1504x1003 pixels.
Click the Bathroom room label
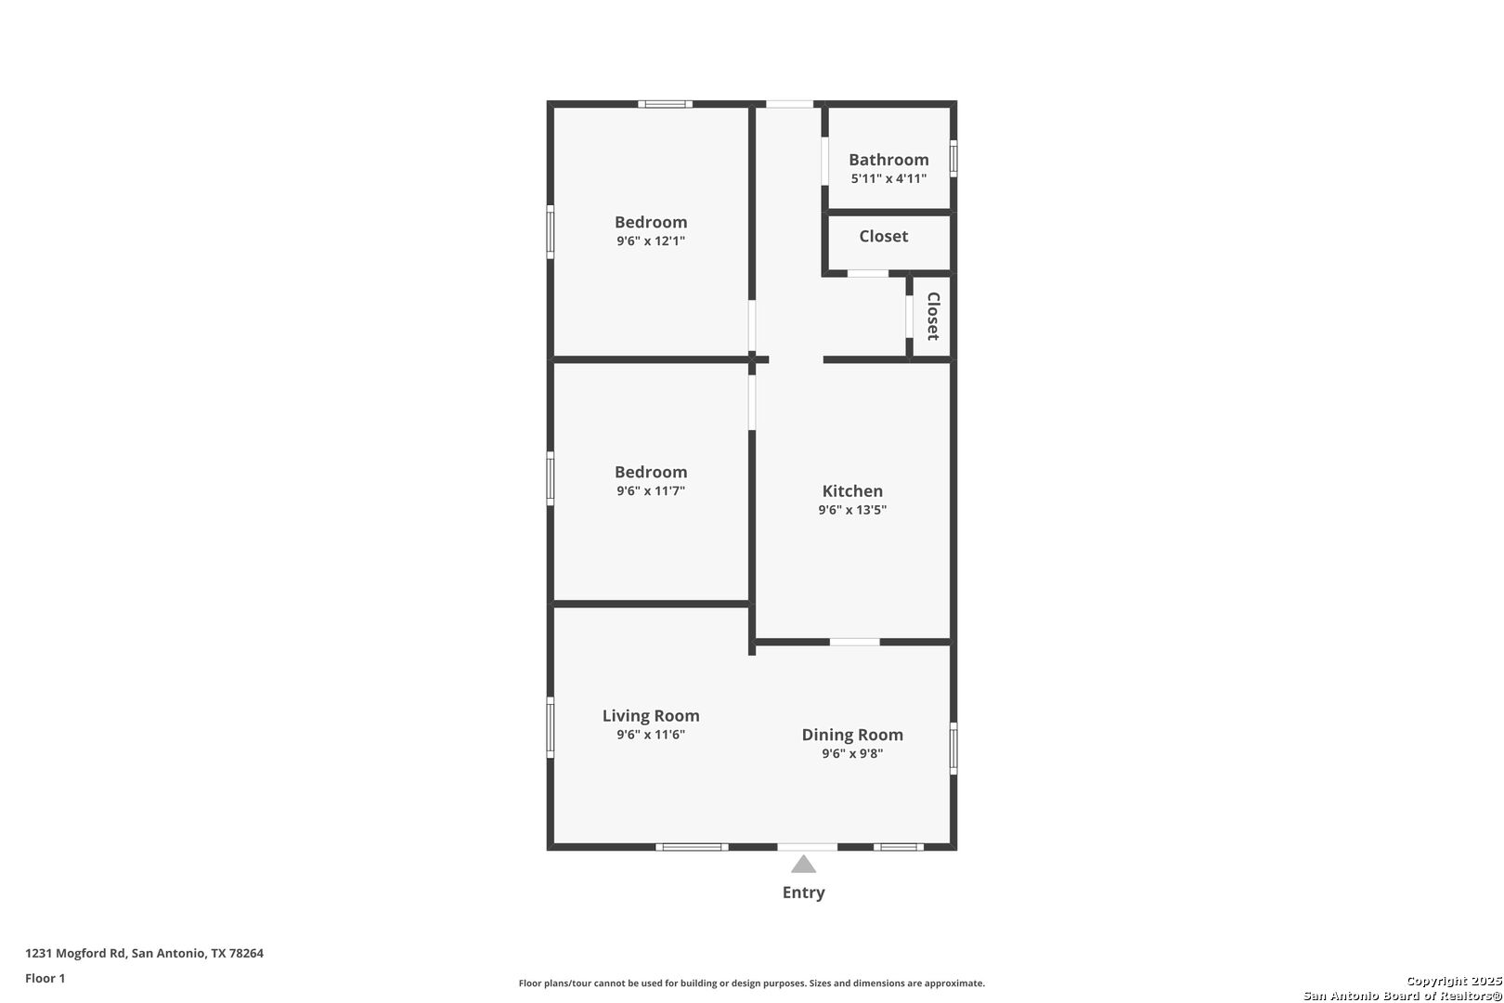[888, 160]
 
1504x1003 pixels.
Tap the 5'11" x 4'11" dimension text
[888, 178]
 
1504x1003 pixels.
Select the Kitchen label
[852, 491]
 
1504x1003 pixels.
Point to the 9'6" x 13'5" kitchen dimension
[852, 510]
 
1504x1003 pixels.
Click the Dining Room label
[852, 735]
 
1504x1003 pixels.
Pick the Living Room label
[651, 716]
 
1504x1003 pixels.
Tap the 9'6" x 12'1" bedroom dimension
[651, 241]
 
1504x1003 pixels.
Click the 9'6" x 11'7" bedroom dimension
[651, 490]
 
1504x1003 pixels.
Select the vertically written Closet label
[933, 317]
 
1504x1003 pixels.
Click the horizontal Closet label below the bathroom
[883, 236]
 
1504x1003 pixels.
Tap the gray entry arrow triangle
[803, 866]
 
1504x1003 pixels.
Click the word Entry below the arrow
[803, 892]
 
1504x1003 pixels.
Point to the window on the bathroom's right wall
[953, 158]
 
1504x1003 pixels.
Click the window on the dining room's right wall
[953, 748]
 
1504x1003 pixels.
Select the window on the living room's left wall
[551, 727]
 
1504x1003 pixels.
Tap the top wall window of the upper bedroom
[665, 104]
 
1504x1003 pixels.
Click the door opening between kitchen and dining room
[854, 642]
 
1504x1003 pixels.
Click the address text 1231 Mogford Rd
[144, 953]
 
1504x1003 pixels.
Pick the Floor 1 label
[45, 978]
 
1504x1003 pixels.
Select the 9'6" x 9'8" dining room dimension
[852, 753]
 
